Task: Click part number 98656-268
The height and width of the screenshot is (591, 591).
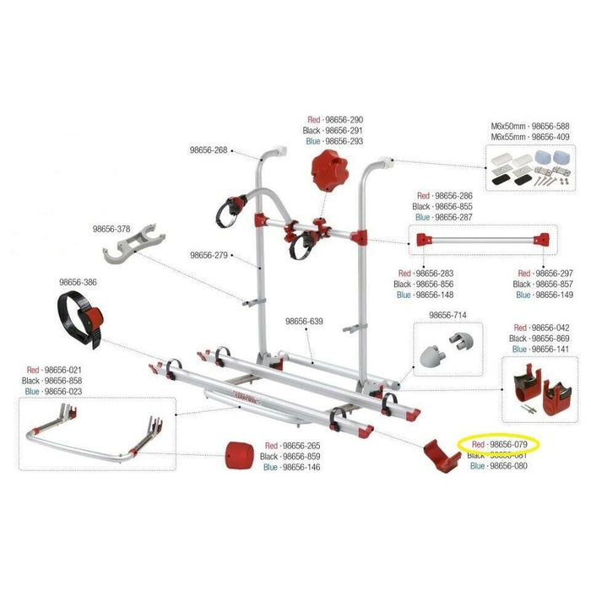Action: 208,152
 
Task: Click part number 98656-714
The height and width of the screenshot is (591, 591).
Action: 447,316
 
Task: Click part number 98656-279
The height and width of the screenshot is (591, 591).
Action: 209,254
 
